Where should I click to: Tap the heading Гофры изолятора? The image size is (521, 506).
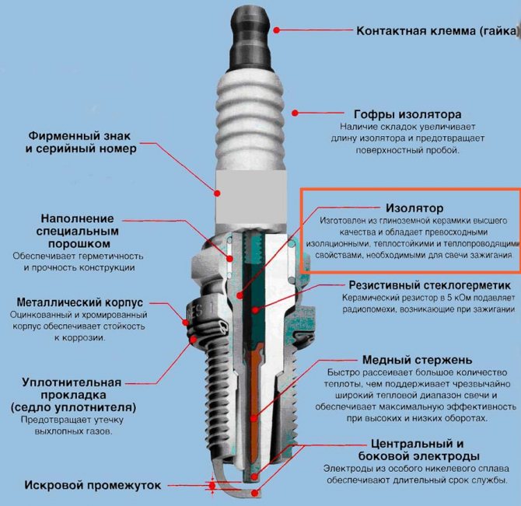(x=407, y=114)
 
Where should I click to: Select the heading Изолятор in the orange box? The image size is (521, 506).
(x=414, y=208)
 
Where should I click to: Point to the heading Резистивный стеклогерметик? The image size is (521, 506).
(x=430, y=285)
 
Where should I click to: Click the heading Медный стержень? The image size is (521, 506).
(x=417, y=360)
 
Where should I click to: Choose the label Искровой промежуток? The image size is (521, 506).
(x=93, y=486)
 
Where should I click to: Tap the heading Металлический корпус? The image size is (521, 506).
(x=80, y=302)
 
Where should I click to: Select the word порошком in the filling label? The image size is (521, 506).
(x=79, y=244)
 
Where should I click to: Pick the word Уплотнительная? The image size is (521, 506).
(x=72, y=382)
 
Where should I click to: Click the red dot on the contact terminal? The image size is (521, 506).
(x=277, y=30)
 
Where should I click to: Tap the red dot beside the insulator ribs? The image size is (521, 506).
(x=295, y=113)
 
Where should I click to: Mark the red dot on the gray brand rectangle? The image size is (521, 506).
(x=217, y=193)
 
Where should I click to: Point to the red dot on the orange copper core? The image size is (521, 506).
(x=254, y=418)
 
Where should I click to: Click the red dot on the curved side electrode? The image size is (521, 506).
(x=255, y=493)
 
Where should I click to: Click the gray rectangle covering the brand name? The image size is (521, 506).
(x=251, y=198)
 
